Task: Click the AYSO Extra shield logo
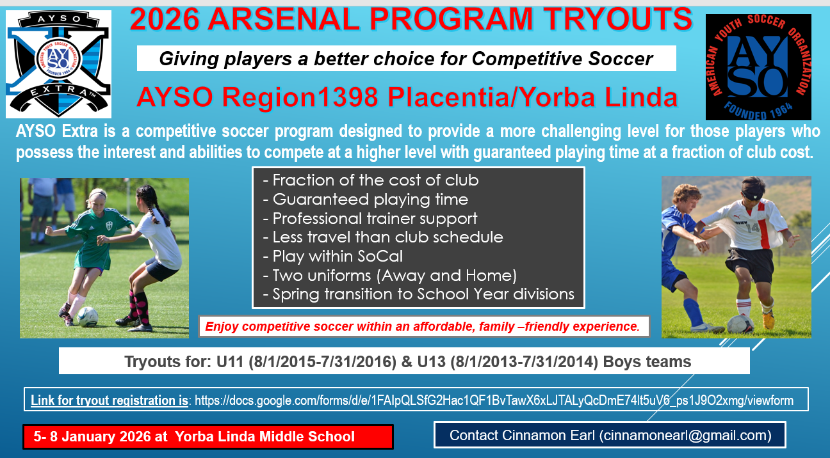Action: (x=58, y=63)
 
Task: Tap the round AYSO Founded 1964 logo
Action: (x=758, y=67)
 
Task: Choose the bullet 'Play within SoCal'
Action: (x=332, y=257)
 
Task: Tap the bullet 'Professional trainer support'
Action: (x=370, y=219)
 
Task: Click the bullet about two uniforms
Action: (x=389, y=276)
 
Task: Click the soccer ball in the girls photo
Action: (x=88, y=317)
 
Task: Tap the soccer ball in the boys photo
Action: (x=740, y=324)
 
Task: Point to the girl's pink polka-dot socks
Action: (x=140, y=307)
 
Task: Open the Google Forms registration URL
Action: (x=494, y=400)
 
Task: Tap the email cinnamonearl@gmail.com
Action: (x=685, y=436)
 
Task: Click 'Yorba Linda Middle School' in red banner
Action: (x=264, y=437)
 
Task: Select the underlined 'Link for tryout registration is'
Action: (x=110, y=400)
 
